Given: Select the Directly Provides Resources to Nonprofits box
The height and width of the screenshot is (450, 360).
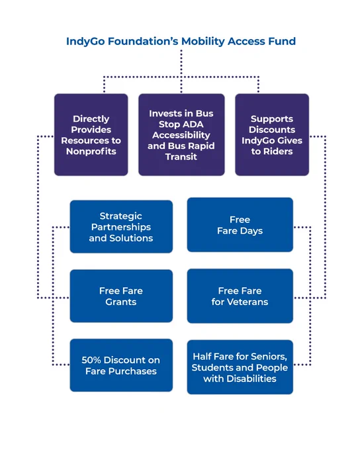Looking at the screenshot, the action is pyautogui.click(x=91, y=134).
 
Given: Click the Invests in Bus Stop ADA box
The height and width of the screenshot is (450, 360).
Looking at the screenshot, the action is pyautogui.click(x=181, y=134).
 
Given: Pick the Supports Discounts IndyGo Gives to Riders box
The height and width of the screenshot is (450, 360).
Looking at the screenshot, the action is pyautogui.click(x=272, y=134).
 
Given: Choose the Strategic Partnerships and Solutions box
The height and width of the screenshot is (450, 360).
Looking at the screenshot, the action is pyautogui.click(x=121, y=227).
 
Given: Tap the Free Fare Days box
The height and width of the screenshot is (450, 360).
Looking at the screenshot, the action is pyautogui.click(x=240, y=225).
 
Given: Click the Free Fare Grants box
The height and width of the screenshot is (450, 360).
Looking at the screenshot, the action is pyautogui.click(x=121, y=296).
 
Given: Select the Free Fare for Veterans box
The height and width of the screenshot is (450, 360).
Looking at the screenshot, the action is pyautogui.click(x=240, y=296).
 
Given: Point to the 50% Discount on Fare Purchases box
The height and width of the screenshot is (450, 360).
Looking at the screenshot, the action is pyautogui.click(x=121, y=365).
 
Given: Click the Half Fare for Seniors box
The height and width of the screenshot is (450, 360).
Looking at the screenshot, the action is pyautogui.click(x=240, y=367).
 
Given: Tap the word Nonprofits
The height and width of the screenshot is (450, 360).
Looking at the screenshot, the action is pyautogui.click(x=91, y=152).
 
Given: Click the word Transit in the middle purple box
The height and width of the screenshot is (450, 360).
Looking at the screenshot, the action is pyautogui.click(x=181, y=157).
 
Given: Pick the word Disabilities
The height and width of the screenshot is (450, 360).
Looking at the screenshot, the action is pyautogui.click(x=251, y=379).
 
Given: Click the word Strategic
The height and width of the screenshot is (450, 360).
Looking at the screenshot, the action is pyautogui.click(x=121, y=216).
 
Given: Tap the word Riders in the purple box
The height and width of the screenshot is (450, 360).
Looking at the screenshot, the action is pyautogui.click(x=277, y=152).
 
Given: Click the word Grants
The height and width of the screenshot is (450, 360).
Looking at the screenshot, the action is pyautogui.click(x=121, y=302).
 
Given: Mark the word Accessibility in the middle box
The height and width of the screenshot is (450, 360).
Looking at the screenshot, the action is pyautogui.click(x=181, y=136).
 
